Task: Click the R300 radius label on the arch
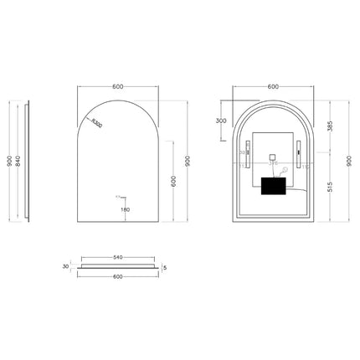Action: click(98, 124)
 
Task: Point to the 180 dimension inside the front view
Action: click(125, 209)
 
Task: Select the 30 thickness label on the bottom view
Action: click(64, 267)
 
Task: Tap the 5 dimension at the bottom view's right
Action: click(167, 268)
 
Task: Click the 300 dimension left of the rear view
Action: click(220, 121)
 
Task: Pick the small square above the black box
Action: click(273, 155)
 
